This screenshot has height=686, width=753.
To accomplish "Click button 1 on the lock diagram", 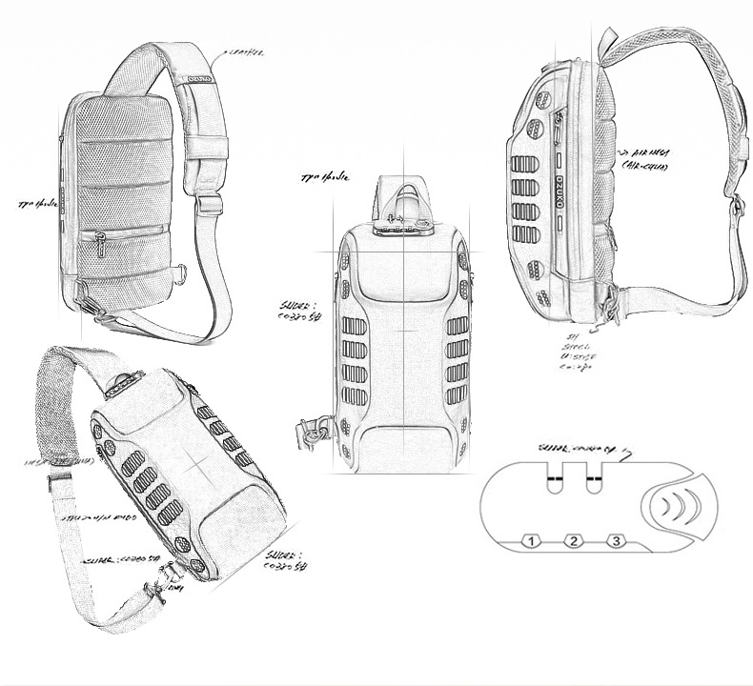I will (532, 541).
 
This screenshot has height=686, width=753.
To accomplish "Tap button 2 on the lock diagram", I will (573, 541).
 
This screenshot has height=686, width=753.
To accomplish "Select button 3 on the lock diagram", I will (616, 541).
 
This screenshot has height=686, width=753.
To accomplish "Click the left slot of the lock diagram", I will (554, 481).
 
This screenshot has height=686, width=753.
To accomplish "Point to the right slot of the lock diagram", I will (595, 481).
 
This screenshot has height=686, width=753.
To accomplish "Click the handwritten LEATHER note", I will (244, 53).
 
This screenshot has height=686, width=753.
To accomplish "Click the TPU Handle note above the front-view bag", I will (323, 177).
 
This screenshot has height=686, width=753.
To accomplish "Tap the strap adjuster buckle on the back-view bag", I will (209, 203).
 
